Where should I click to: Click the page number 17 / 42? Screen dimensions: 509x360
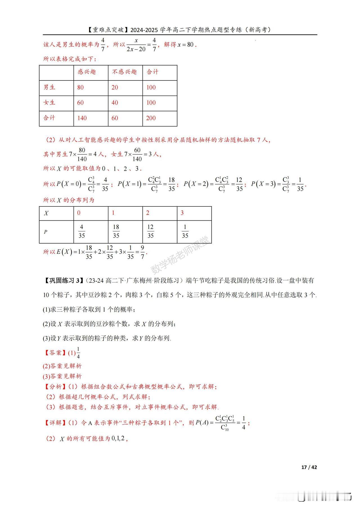pos(309,467)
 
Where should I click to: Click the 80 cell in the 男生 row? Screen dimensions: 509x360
pos(80,87)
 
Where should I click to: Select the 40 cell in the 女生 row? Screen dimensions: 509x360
pos(115,103)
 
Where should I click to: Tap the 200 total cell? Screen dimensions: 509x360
pos(151,118)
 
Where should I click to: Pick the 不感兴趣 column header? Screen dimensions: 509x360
pos(124,72)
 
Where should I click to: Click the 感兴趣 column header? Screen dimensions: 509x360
pos(87,72)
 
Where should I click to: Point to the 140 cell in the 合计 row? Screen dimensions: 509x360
pos(82,118)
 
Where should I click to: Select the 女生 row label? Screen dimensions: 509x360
pos(49,103)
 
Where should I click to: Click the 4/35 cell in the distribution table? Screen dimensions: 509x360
pos(82,231)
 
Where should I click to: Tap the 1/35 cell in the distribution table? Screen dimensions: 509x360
pos(185,231)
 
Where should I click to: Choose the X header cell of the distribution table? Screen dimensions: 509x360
pos(46,213)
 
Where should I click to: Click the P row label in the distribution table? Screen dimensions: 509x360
pos(46,232)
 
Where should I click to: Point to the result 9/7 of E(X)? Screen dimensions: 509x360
pos(143,252)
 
